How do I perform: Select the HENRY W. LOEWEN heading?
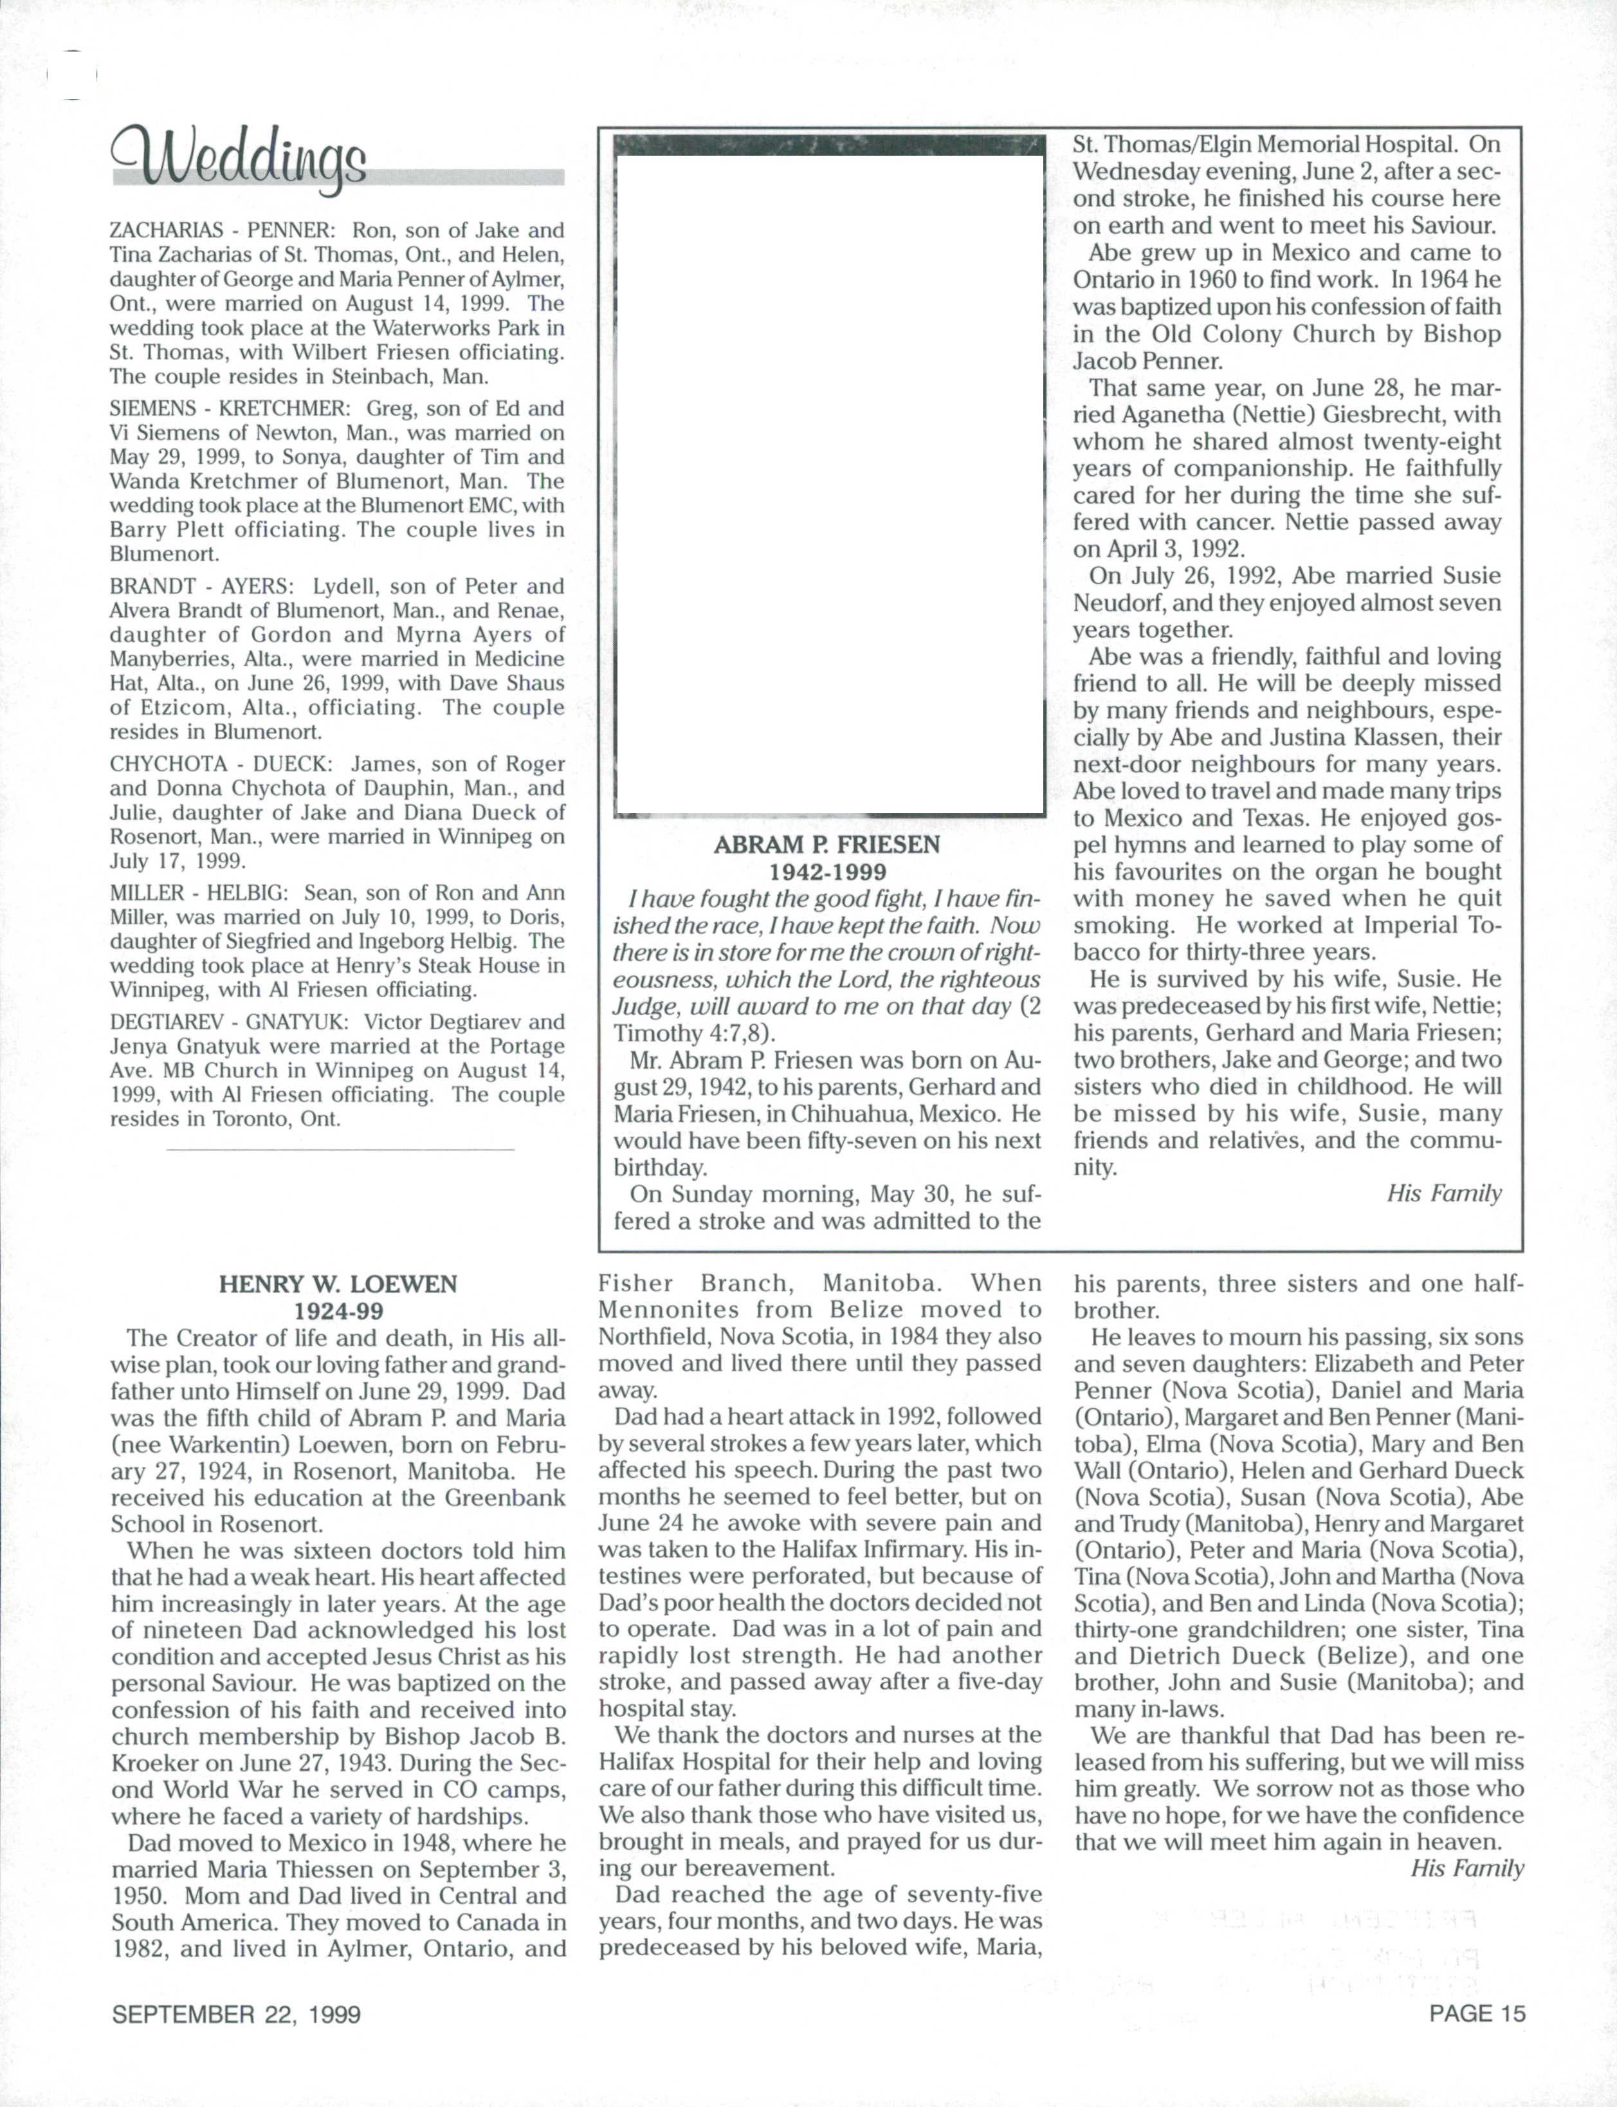338,1284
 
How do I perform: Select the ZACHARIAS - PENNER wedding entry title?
221,231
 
